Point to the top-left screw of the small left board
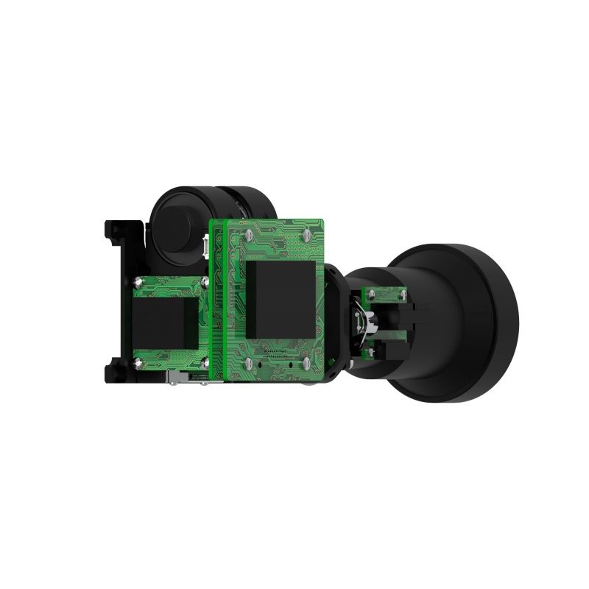point(138,280)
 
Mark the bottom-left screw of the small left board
point(138,361)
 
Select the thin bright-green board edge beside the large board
point(217,302)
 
